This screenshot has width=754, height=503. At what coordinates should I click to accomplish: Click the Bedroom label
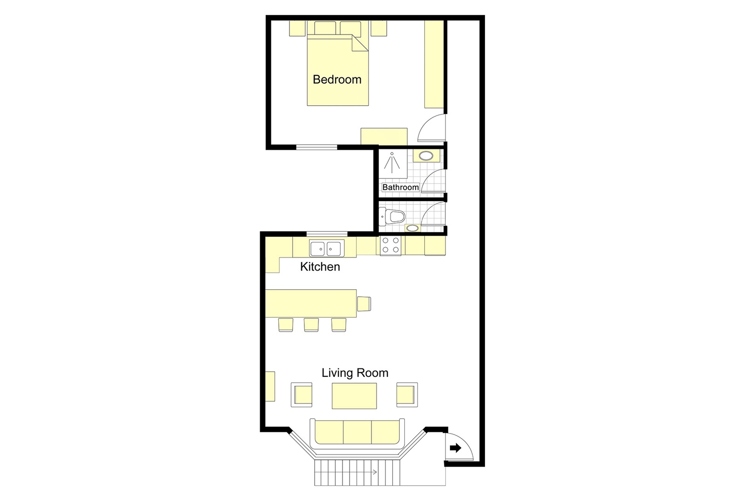[337, 80]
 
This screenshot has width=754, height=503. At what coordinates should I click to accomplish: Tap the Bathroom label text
[400, 187]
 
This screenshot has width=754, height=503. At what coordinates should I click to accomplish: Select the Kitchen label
[320, 267]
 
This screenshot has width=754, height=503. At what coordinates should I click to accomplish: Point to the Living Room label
[355, 373]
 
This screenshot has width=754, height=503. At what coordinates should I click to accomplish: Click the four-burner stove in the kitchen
[390, 245]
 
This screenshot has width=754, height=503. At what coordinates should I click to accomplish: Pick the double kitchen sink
[326, 248]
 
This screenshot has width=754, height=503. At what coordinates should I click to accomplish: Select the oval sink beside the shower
[425, 156]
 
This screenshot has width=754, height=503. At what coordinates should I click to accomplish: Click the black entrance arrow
[455, 448]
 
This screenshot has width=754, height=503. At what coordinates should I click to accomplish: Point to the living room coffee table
[354, 396]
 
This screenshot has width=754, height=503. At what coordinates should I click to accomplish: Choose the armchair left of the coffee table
[302, 395]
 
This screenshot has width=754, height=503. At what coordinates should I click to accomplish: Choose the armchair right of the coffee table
[406, 395]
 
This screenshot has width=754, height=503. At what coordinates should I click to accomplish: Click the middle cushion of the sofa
[357, 433]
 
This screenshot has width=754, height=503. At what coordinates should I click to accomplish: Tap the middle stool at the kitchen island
[311, 325]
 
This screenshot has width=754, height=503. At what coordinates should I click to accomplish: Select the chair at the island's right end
[364, 304]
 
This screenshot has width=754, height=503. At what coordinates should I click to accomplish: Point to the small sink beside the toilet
[412, 228]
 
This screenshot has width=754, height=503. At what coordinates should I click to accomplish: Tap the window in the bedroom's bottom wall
[317, 147]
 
